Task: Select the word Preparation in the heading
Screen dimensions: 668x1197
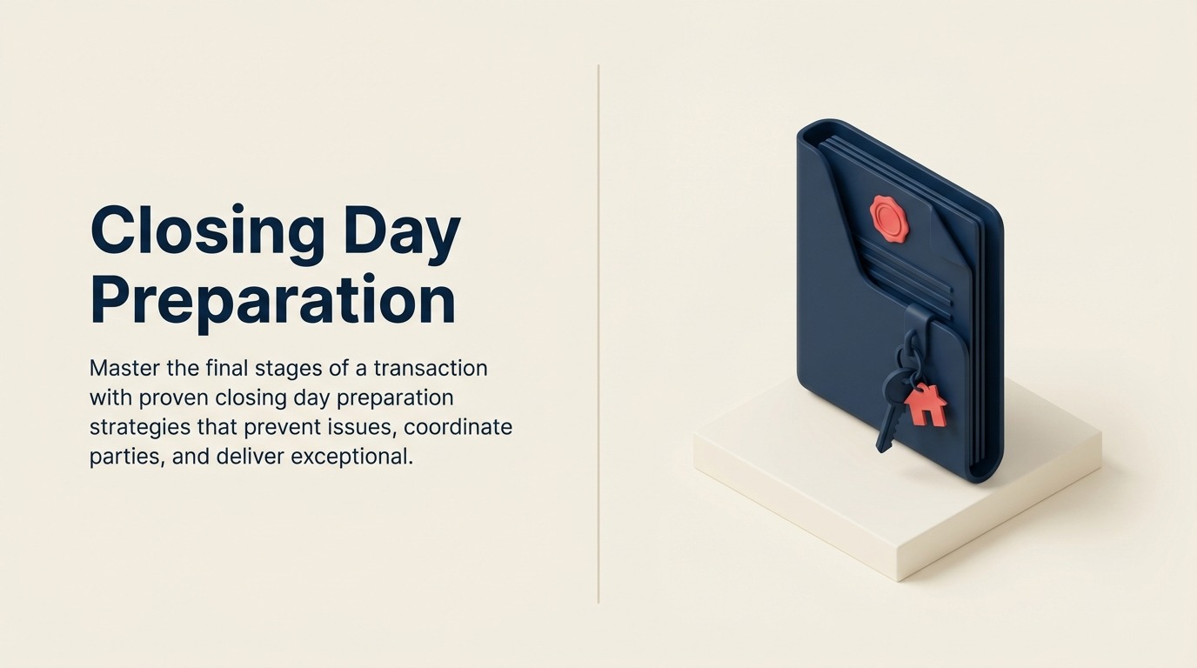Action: pyautogui.click(x=273, y=301)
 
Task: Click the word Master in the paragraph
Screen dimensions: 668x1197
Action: pyautogui.click(x=124, y=368)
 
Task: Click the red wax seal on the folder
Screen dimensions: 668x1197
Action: pyautogui.click(x=888, y=217)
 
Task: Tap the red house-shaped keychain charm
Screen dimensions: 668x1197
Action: pyautogui.click(x=925, y=404)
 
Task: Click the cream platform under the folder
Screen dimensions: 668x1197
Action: pyautogui.click(x=870, y=513)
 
